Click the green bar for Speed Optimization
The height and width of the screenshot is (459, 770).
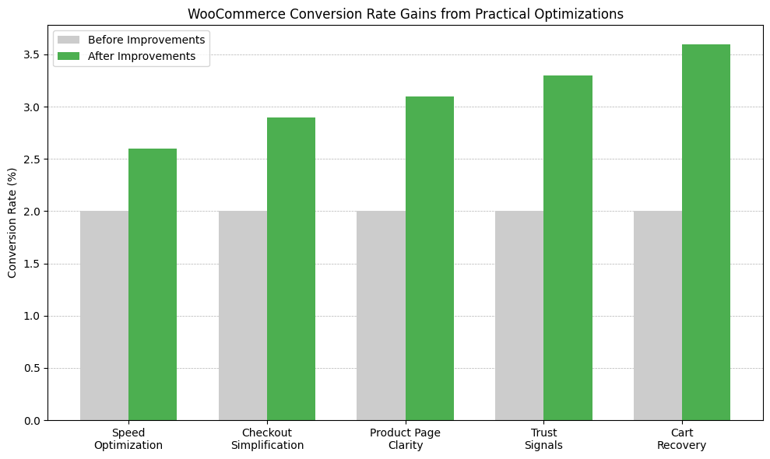(x=153, y=285)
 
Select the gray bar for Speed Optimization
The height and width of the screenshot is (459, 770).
(x=104, y=316)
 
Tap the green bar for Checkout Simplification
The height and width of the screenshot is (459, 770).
(x=291, y=269)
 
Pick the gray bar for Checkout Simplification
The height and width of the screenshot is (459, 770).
(x=243, y=316)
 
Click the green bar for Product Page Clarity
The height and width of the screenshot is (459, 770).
(x=430, y=258)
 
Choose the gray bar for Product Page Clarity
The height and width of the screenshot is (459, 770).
(x=381, y=316)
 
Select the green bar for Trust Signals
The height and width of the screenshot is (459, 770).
(x=568, y=248)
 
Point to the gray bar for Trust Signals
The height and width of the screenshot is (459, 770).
(x=519, y=316)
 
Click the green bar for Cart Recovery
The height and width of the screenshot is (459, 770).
(x=706, y=233)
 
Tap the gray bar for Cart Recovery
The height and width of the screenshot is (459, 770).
(x=658, y=316)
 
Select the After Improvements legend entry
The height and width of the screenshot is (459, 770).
(x=141, y=56)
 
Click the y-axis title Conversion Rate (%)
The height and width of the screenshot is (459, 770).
(x=12, y=222)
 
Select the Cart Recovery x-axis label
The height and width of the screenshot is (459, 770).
(x=681, y=440)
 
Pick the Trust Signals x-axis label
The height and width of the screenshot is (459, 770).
(x=543, y=440)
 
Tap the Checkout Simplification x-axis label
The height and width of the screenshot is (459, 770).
(x=267, y=440)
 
